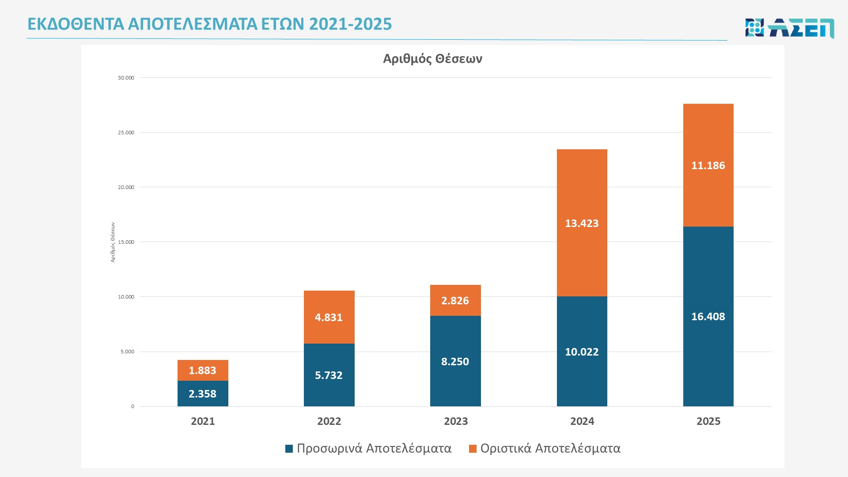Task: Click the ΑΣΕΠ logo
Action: [x=789, y=28]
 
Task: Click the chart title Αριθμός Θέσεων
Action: [x=432, y=59]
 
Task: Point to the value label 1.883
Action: [x=202, y=371]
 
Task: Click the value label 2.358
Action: [x=202, y=394]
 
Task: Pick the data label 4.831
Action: [x=329, y=318]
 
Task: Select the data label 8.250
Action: [x=455, y=362]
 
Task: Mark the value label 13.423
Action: [x=582, y=223]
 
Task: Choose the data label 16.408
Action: [x=708, y=317]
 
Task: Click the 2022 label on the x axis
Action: [x=329, y=421]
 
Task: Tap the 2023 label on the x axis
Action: [x=456, y=421]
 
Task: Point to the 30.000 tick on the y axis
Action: [x=126, y=78]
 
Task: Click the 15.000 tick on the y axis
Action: [x=126, y=242]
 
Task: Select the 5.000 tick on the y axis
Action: [x=127, y=352]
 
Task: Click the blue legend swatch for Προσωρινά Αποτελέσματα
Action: [x=289, y=449]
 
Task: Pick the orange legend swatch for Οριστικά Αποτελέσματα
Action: [x=473, y=449]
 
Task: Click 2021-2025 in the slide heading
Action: [x=350, y=24]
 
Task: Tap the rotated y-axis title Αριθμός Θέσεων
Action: [x=113, y=242]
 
